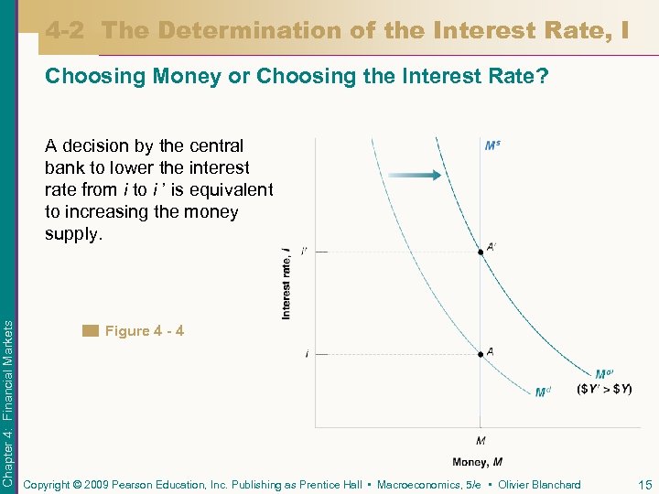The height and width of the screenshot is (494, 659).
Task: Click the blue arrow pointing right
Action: [412, 175]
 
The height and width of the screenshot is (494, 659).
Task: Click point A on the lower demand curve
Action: [481, 353]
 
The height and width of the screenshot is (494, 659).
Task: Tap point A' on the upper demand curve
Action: [481, 250]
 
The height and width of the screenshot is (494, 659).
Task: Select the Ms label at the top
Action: [492, 145]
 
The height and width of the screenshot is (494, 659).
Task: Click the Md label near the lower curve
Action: [543, 392]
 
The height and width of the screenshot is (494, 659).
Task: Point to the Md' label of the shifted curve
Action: [604, 374]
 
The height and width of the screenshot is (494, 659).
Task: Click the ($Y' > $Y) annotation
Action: [604, 389]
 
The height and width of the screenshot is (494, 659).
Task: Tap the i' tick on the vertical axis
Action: [304, 250]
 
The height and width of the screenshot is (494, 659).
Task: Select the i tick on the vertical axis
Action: [306, 353]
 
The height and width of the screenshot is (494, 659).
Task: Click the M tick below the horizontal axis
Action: [481, 440]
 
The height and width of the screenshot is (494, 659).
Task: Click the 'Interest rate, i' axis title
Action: [286, 283]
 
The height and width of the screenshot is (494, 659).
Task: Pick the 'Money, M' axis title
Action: [477, 462]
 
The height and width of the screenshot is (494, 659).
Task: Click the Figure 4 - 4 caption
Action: [144, 330]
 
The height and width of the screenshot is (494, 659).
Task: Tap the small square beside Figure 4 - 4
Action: [89, 330]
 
